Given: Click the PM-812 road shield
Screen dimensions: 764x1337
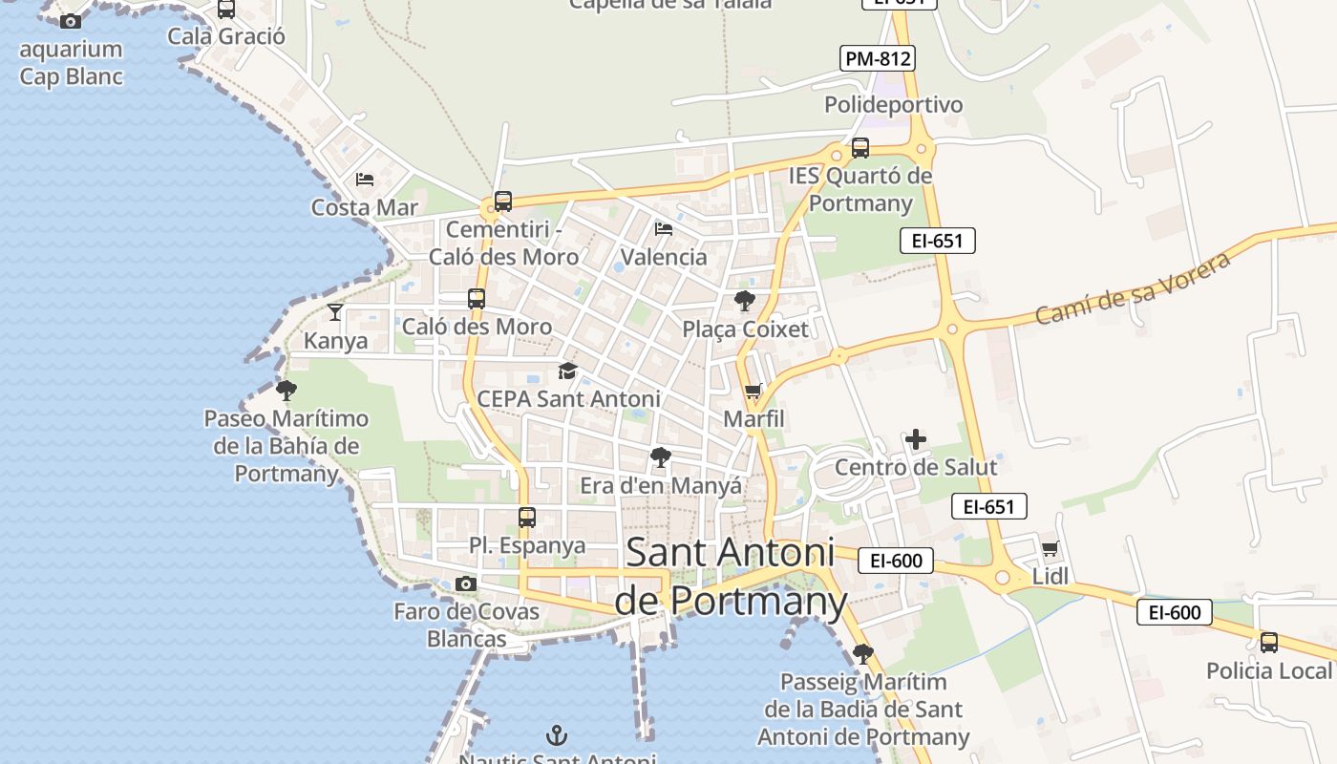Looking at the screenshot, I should pyautogui.click(x=879, y=58).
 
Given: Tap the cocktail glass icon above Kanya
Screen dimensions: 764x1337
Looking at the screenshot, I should pyautogui.click(x=335, y=311).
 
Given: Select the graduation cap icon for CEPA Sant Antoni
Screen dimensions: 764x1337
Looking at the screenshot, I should pyautogui.click(x=568, y=371).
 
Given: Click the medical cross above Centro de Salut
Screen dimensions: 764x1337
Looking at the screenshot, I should pyautogui.click(x=916, y=439).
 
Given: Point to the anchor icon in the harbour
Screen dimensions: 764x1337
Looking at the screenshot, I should pyautogui.click(x=556, y=735).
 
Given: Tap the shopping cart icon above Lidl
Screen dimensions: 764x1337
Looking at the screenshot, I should pyautogui.click(x=1050, y=548).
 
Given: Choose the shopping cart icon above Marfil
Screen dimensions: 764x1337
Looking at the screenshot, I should pyautogui.click(x=753, y=391).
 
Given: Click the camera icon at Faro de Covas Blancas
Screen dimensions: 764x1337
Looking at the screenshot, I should pyautogui.click(x=466, y=584).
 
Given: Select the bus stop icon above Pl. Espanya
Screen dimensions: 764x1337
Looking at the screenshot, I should pyautogui.click(x=526, y=518).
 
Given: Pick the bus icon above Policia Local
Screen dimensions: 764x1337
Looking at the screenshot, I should pyautogui.click(x=1268, y=643).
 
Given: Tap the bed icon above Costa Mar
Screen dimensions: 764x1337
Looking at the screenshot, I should pyautogui.click(x=365, y=179).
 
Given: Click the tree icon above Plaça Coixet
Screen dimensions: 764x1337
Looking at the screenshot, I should pyautogui.click(x=745, y=301).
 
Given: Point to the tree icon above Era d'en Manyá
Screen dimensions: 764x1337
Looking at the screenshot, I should pyautogui.click(x=660, y=457).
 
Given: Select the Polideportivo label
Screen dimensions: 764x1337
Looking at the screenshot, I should pyautogui.click(x=893, y=104).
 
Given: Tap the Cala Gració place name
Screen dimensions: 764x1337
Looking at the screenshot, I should pyautogui.click(x=226, y=36).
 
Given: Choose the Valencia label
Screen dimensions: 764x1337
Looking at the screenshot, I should pyautogui.click(x=664, y=257).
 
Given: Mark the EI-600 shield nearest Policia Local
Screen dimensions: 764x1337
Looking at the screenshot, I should pyautogui.click(x=1174, y=612).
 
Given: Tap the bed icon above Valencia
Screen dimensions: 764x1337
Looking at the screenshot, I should pyautogui.click(x=664, y=228).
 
